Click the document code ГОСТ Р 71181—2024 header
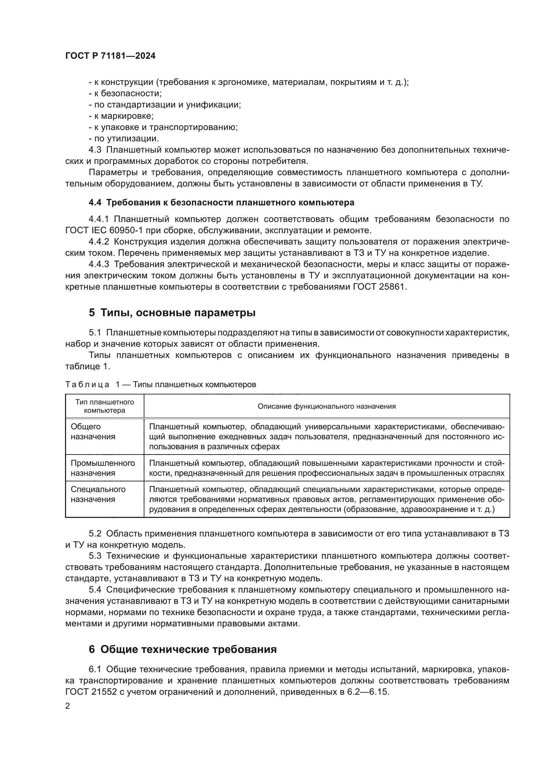111,56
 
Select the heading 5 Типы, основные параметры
172,313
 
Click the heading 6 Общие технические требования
183,649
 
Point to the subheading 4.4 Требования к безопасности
221,202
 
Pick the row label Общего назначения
93,432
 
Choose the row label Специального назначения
98,494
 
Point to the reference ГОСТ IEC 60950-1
103,231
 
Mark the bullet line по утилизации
124,139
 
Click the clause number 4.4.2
99,242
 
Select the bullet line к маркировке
121,116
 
